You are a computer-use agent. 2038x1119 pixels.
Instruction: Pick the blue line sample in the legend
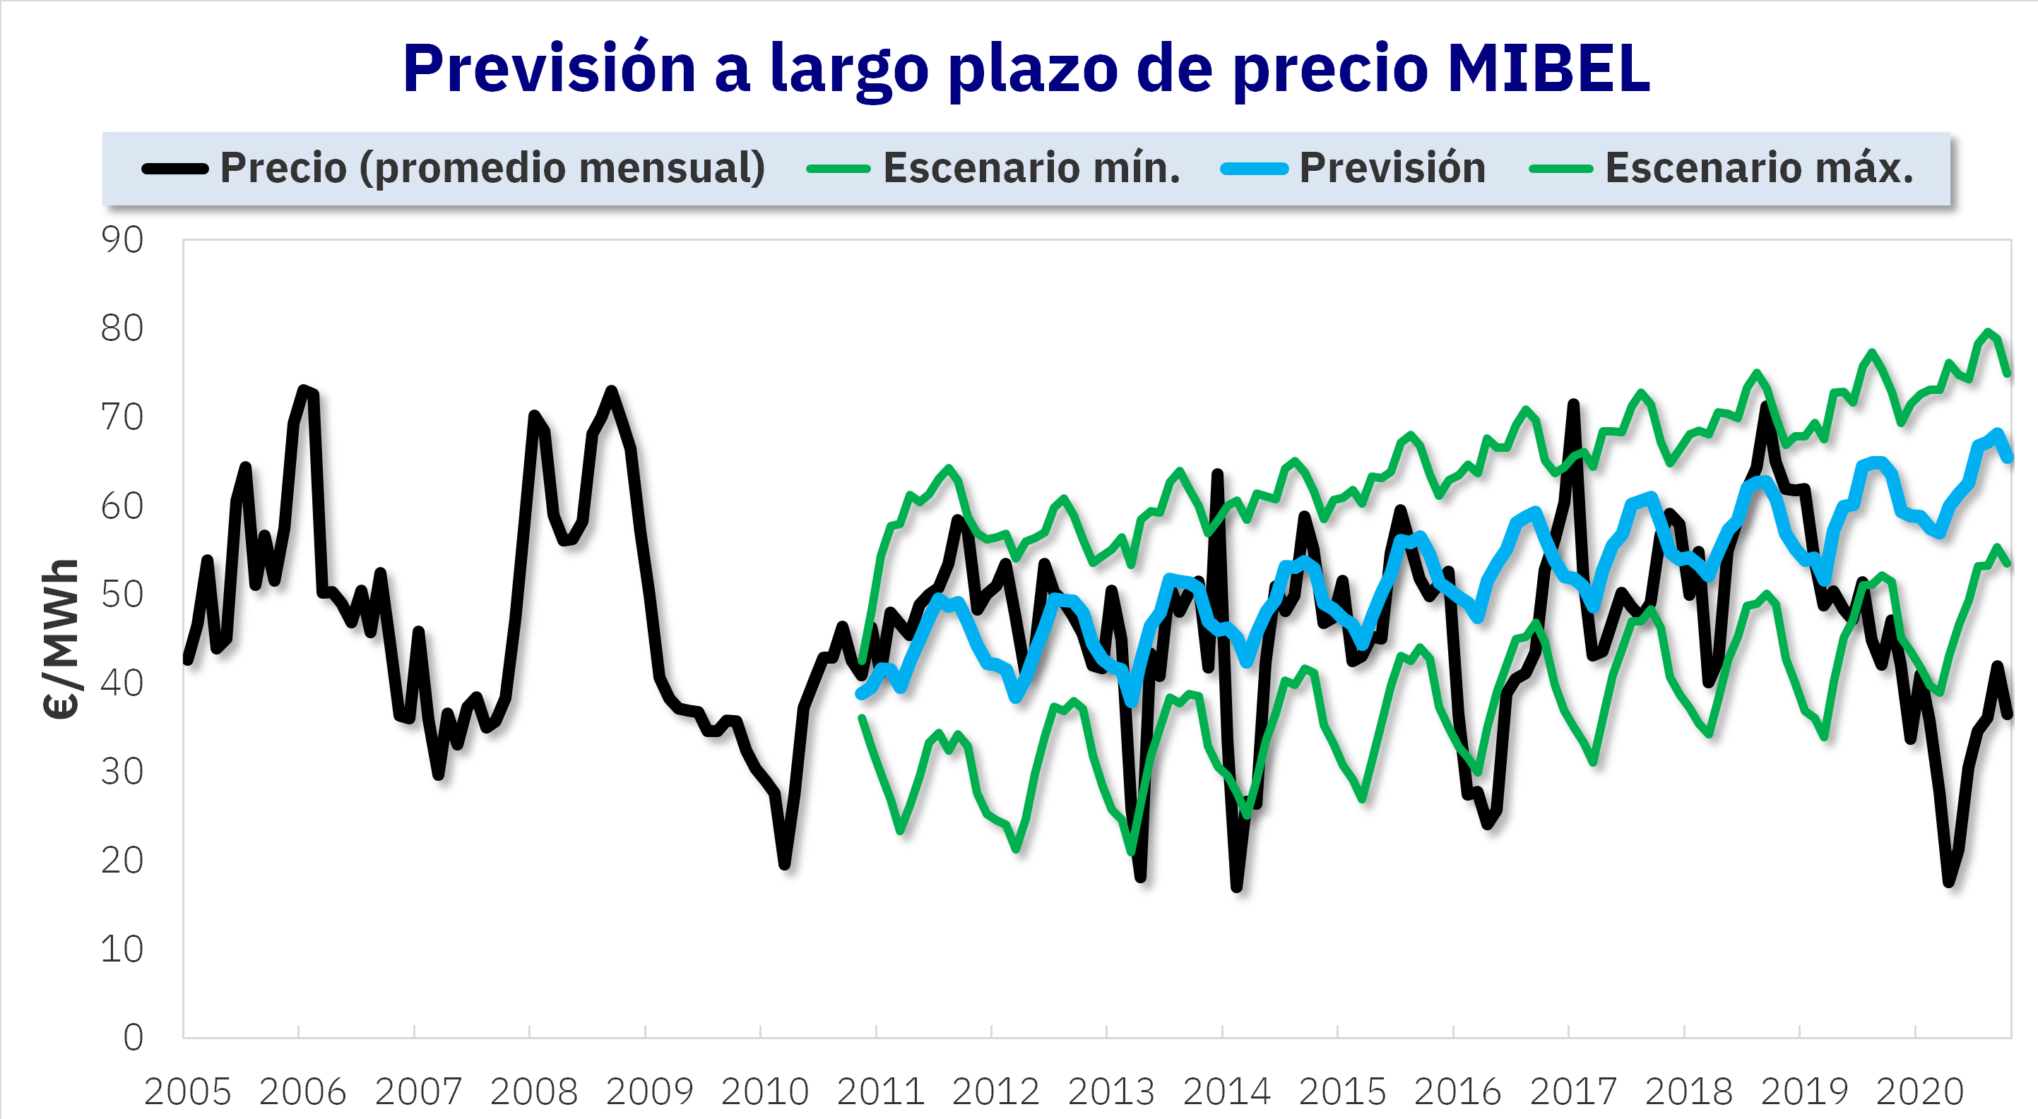pyautogui.click(x=1254, y=169)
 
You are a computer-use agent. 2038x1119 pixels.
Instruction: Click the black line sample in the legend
pyautogui.click(x=175, y=169)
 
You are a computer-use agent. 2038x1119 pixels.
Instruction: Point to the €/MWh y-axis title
pyautogui.click(x=61, y=639)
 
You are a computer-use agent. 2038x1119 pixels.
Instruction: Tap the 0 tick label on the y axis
pyautogui.click(x=134, y=1037)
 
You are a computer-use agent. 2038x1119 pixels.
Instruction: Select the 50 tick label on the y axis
pyautogui.click(x=122, y=594)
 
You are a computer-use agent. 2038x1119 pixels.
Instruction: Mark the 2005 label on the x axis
pyautogui.click(x=187, y=1092)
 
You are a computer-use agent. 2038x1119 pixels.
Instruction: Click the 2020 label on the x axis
pyautogui.click(x=1919, y=1092)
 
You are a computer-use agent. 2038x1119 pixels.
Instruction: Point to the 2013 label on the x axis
pyautogui.click(x=1110, y=1092)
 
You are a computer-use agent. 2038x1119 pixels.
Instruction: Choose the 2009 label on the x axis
pyautogui.click(x=649, y=1092)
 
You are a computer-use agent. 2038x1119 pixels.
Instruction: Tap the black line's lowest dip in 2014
pyautogui.click(x=1236, y=887)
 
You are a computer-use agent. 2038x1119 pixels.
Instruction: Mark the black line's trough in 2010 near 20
pyautogui.click(x=785, y=864)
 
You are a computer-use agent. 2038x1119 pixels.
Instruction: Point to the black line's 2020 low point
pyautogui.click(x=1948, y=881)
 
